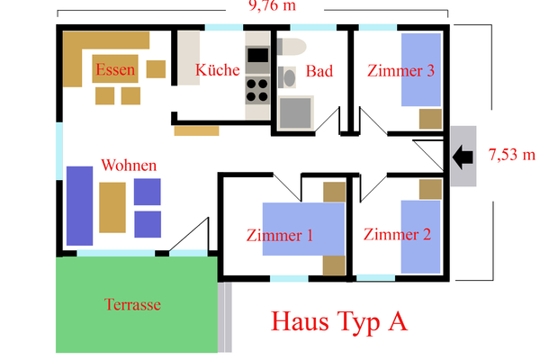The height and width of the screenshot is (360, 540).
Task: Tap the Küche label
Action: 218,70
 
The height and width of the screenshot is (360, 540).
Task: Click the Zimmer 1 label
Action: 279,236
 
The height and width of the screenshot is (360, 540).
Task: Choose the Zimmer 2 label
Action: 397,235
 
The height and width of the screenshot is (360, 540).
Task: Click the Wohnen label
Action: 130,166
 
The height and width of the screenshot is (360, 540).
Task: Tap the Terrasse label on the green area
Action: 132,305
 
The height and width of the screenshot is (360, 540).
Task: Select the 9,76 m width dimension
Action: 274,6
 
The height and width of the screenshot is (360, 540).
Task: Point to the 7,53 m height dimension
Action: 511,154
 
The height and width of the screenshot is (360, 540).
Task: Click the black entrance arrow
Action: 464,157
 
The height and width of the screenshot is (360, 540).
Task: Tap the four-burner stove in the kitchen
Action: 257,89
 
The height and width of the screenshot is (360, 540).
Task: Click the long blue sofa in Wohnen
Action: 79,205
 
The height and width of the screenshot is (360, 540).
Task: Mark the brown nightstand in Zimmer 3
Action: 431,119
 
